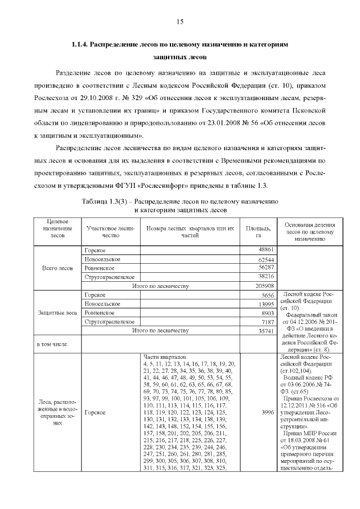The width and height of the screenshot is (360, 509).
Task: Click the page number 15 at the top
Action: (180, 22)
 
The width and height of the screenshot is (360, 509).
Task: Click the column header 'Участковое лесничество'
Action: (109, 231)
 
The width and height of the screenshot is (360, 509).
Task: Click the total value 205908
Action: (264, 286)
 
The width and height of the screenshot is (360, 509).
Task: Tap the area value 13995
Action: (265, 304)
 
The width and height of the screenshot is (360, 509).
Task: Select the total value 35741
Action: (265, 331)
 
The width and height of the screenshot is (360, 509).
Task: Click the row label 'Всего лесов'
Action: (57, 268)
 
